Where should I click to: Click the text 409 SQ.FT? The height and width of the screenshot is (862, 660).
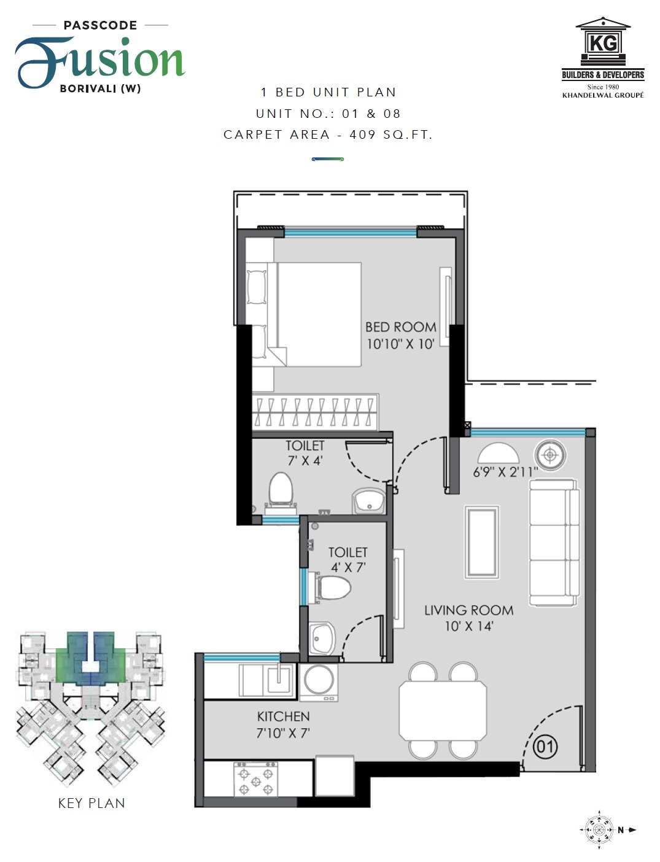[x=390, y=134]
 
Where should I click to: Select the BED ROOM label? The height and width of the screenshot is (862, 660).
[x=401, y=327]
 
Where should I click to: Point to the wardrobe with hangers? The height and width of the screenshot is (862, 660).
[x=314, y=412]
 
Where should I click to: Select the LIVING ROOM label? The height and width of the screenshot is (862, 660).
[x=468, y=610]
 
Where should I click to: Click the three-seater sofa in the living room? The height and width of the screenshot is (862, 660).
[x=554, y=542]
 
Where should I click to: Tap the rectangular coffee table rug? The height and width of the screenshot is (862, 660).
[x=481, y=542]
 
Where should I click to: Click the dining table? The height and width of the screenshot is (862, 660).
[x=443, y=710]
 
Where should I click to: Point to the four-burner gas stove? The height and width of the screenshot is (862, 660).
[x=256, y=780]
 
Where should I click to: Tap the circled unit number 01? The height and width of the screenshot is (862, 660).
[x=545, y=747]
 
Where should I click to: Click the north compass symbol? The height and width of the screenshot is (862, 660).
[x=599, y=830]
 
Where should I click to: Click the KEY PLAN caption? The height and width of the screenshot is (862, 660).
[x=91, y=803]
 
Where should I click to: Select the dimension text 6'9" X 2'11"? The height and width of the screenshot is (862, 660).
[x=505, y=472]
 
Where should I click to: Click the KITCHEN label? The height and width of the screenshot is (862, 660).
[x=283, y=716]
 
